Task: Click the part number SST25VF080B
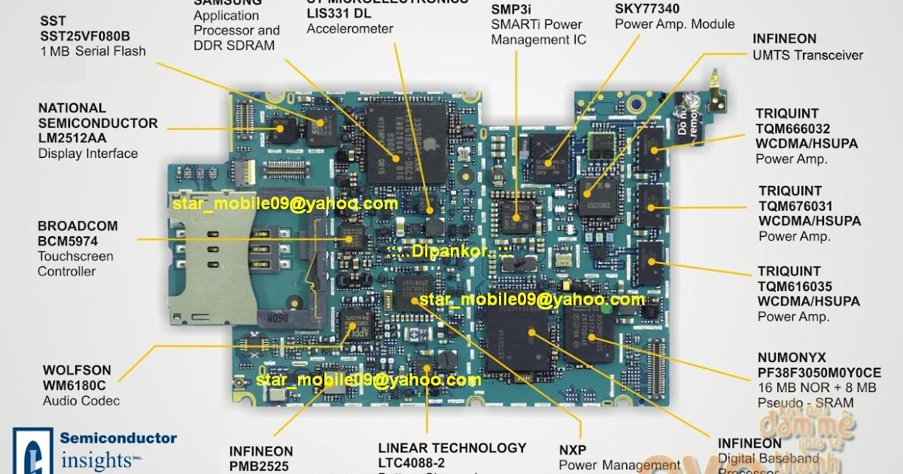point(85,36)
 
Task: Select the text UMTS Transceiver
point(807,55)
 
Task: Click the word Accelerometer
point(350,29)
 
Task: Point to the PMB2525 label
point(260,466)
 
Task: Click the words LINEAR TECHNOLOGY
point(452,448)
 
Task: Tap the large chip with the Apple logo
point(406,143)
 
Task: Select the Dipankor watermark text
point(450,251)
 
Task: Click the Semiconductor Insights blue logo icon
point(32,451)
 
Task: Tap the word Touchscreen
point(75,257)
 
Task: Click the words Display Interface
point(88,153)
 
